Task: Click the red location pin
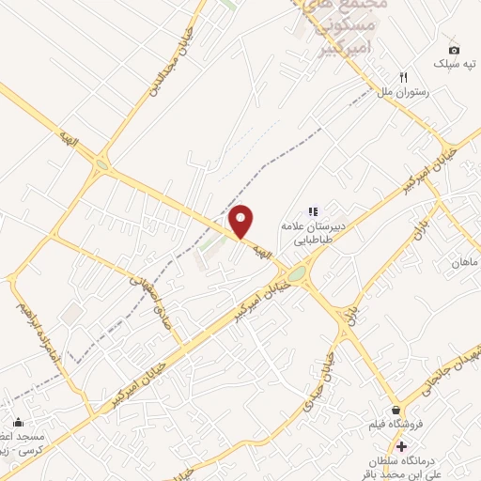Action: tap(242, 221)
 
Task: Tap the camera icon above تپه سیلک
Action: tap(455, 50)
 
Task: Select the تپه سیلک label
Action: tap(455, 64)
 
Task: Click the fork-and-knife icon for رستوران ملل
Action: tap(404, 77)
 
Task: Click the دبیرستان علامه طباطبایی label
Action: tap(310, 232)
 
